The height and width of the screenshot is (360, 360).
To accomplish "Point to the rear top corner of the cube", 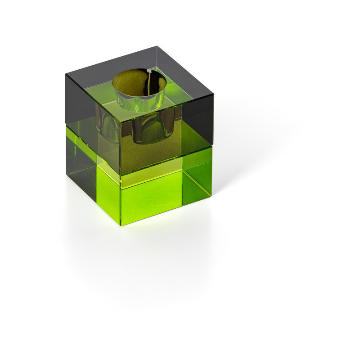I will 157,46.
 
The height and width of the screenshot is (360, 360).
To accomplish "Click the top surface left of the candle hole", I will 94,81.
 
